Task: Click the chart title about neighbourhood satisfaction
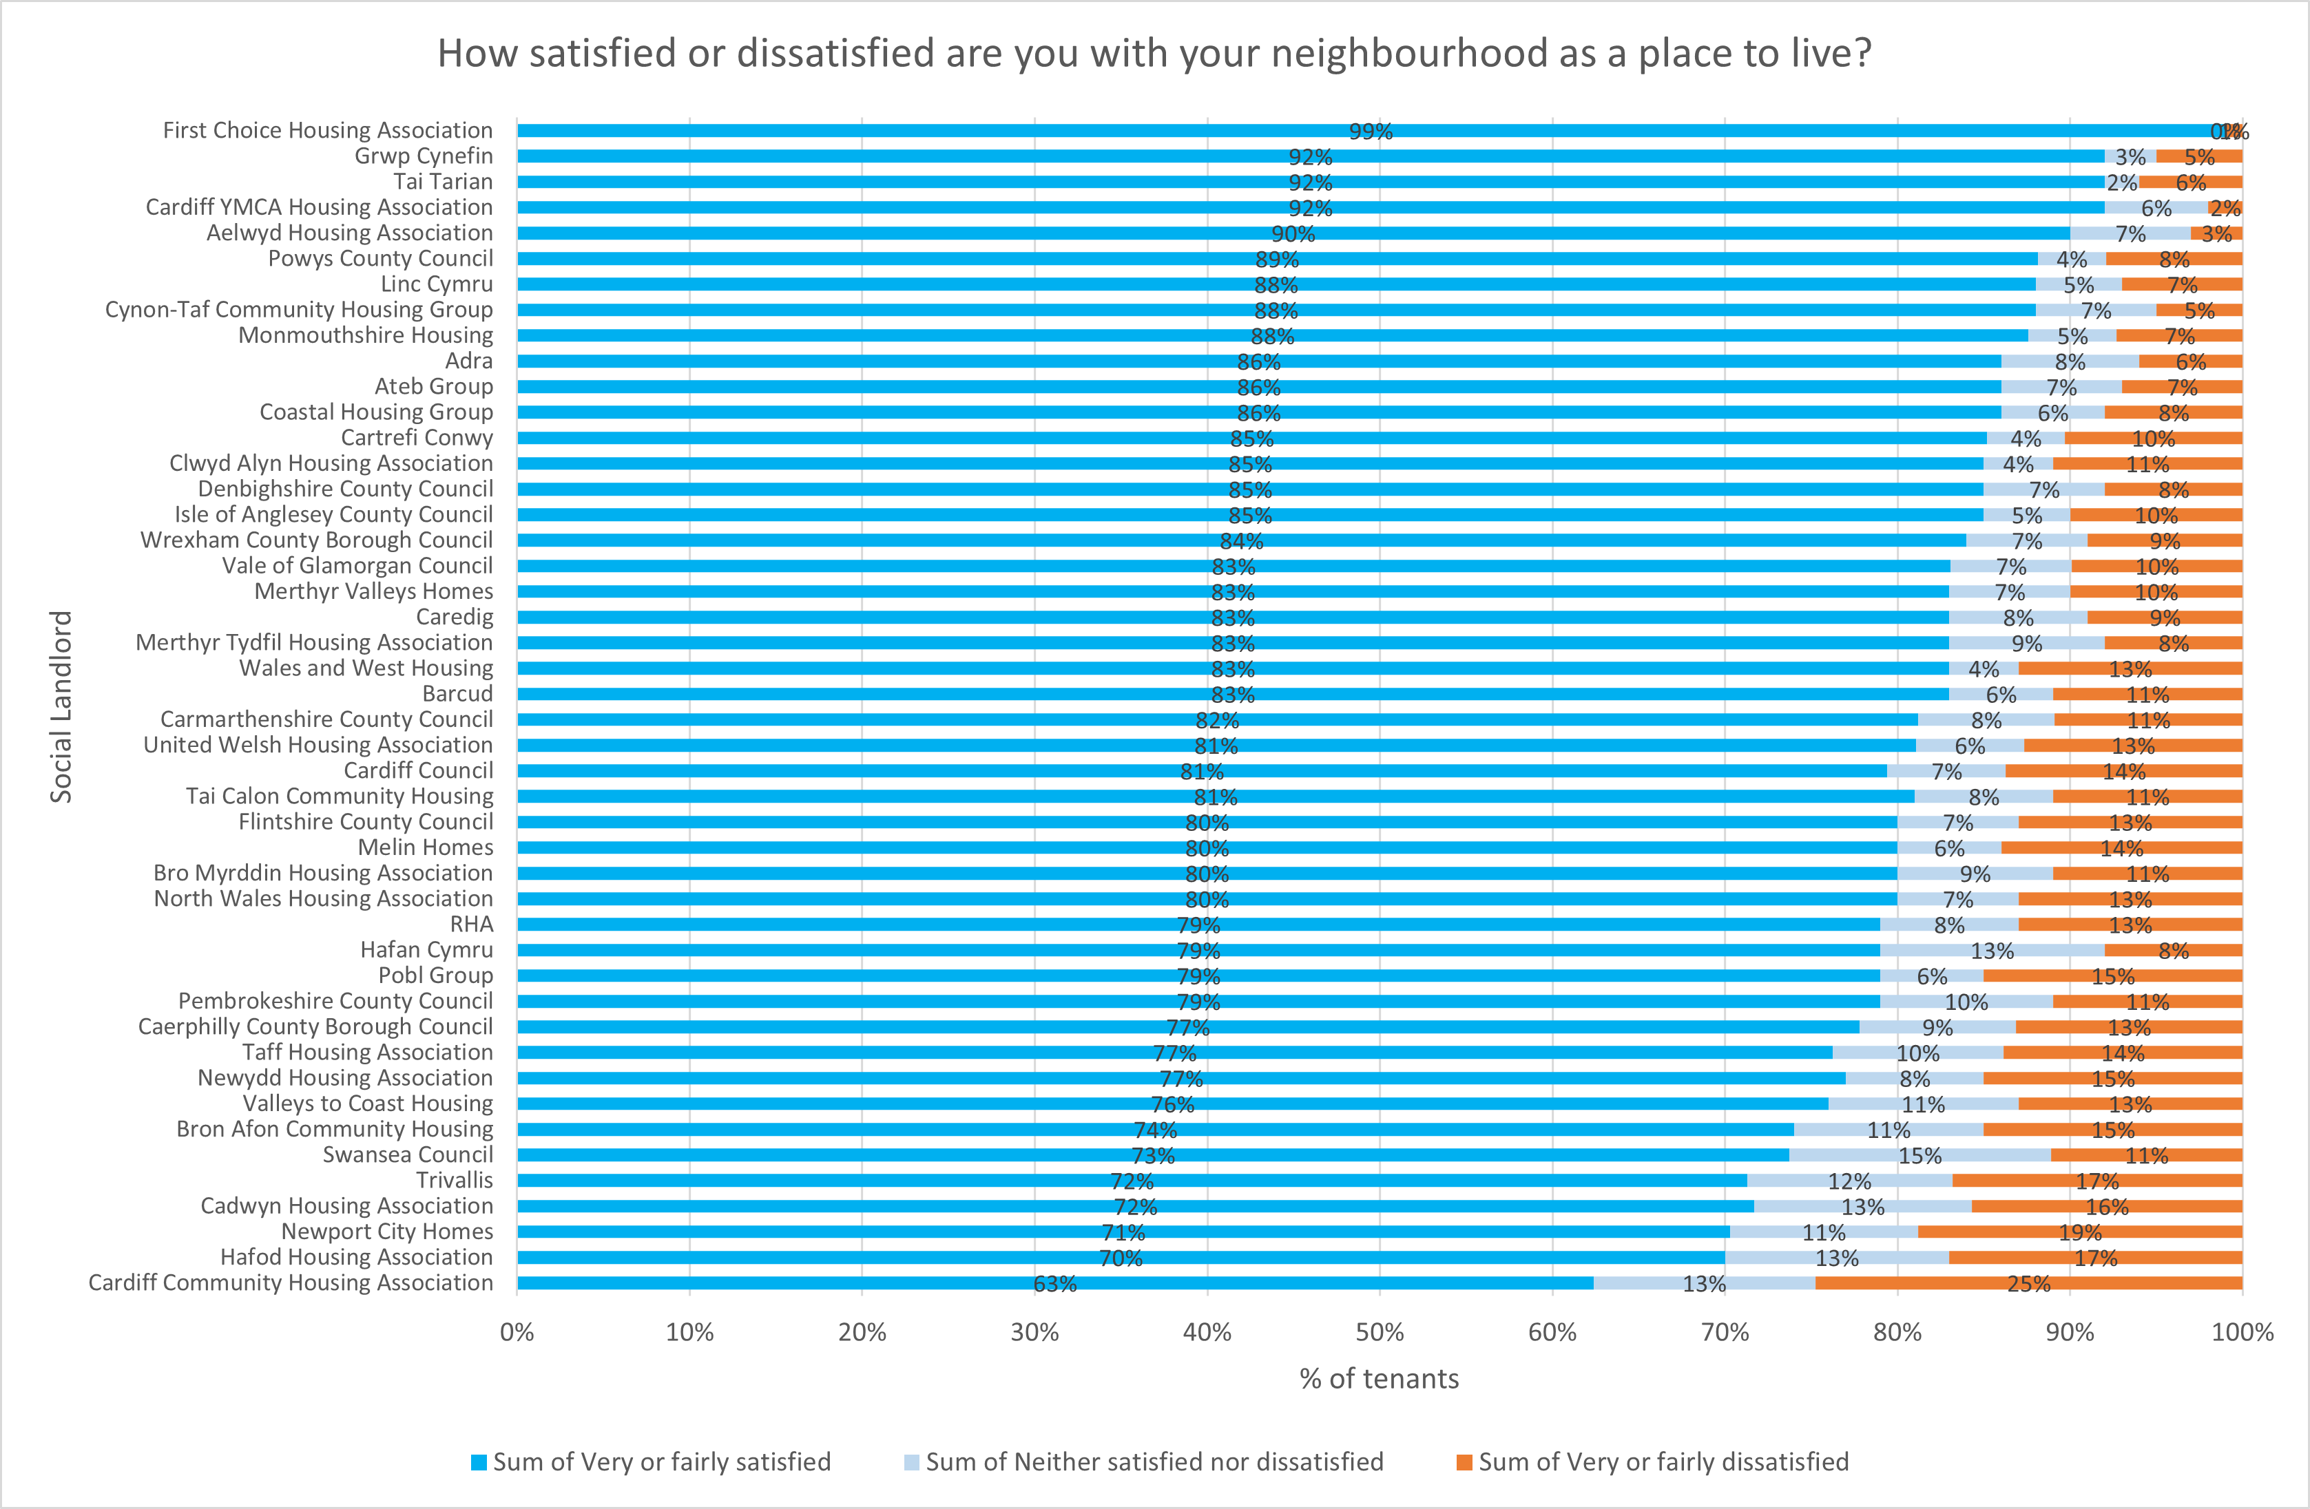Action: (x=1154, y=54)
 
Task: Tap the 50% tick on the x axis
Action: (x=1380, y=1332)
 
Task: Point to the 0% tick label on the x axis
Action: (x=517, y=1332)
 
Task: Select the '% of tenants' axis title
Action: (x=1380, y=1379)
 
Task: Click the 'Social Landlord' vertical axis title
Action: (x=61, y=706)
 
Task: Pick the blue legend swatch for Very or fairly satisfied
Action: (x=479, y=1462)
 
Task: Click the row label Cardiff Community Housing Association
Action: (x=290, y=1283)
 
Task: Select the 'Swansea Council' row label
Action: (x=408, y=1154)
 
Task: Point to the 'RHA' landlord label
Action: (x=472, y=925)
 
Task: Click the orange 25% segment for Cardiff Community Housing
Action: (x=2028, y=1283)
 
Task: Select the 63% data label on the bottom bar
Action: (x=1055, y=1284)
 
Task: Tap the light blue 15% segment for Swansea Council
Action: (x=1919, y=1154)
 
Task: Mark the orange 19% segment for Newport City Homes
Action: (x=2080, y=1232)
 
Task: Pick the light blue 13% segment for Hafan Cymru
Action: (x=1992, y=950)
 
